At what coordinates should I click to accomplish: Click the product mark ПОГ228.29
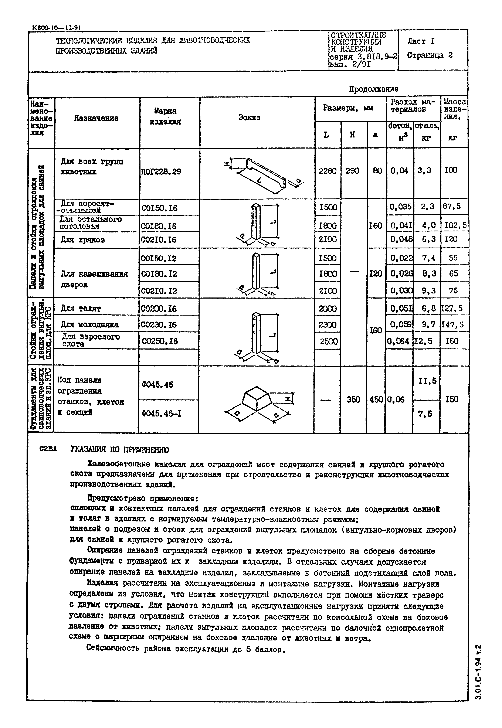161,172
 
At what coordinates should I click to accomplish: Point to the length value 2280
328,171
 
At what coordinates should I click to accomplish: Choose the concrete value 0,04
399,170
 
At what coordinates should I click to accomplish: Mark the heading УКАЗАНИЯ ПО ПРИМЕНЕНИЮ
119,449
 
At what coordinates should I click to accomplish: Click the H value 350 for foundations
353,399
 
